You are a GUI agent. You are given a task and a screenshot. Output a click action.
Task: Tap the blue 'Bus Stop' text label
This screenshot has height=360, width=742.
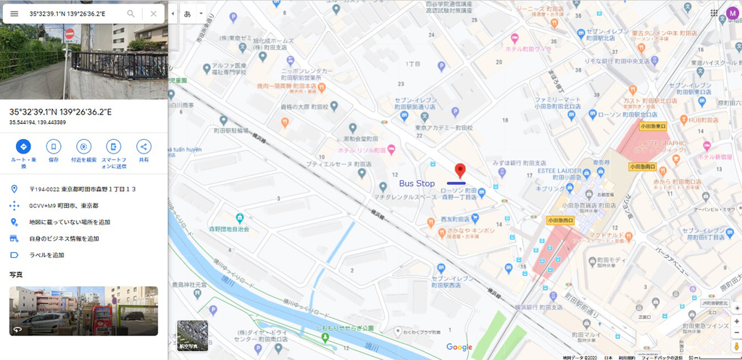coord(417,183)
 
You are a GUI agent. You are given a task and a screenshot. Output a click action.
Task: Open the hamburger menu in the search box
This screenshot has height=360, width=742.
coord(14,14)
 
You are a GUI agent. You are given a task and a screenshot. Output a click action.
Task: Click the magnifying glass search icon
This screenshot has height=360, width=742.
coord(131,14)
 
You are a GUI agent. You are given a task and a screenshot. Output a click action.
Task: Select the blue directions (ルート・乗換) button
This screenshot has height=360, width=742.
coord(24,146)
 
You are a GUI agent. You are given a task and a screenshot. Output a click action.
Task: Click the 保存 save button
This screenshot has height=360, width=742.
coord(54,146)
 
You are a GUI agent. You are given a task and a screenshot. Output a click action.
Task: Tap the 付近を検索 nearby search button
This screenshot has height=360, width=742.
coord(84,146)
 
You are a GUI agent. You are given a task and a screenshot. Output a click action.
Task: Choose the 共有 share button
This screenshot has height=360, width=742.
coord(143,146)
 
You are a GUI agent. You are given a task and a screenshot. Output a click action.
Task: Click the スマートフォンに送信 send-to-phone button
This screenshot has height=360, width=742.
coord(114,146)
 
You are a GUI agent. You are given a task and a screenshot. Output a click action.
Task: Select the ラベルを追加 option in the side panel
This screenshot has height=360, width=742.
coord(47,255)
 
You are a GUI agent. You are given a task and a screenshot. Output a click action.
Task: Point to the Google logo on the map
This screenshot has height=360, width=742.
coord(459,347)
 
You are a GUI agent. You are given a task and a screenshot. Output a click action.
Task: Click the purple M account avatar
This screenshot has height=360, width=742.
coord(732,14)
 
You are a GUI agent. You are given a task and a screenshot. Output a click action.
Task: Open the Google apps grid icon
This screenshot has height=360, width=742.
coord(714,14)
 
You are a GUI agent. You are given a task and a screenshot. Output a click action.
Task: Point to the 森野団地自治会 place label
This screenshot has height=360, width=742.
coord(230,229)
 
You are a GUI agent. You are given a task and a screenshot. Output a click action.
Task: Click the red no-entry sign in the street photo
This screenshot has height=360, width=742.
coord(70,33)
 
